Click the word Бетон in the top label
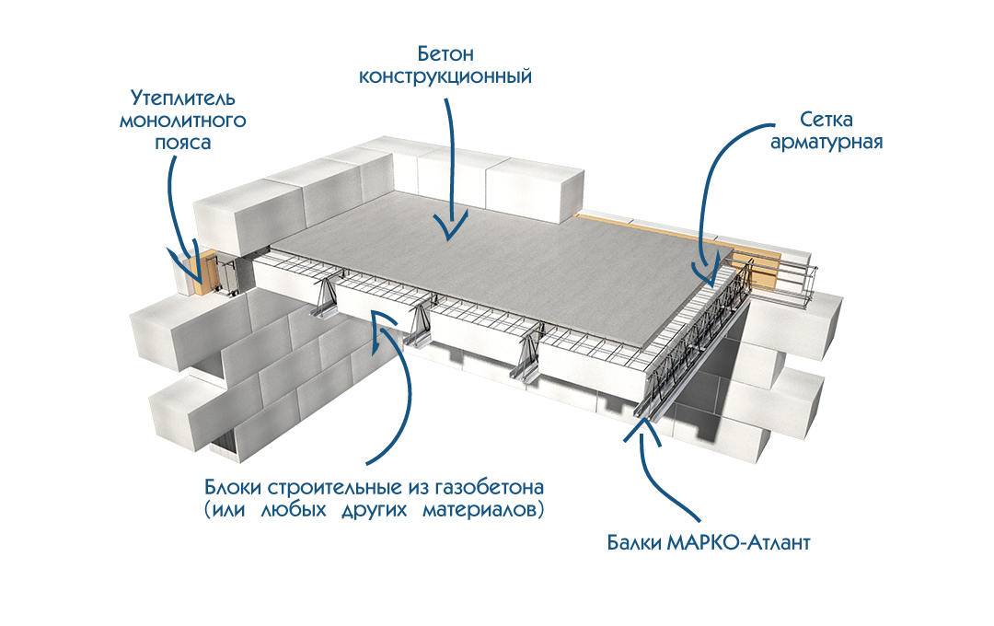(445, 52)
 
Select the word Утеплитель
(184, 98)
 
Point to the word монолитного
(184, 121)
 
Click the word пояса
(184, 145)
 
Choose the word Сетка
(826, 121)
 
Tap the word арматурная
(826, 144)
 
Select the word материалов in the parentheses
(482, 510)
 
